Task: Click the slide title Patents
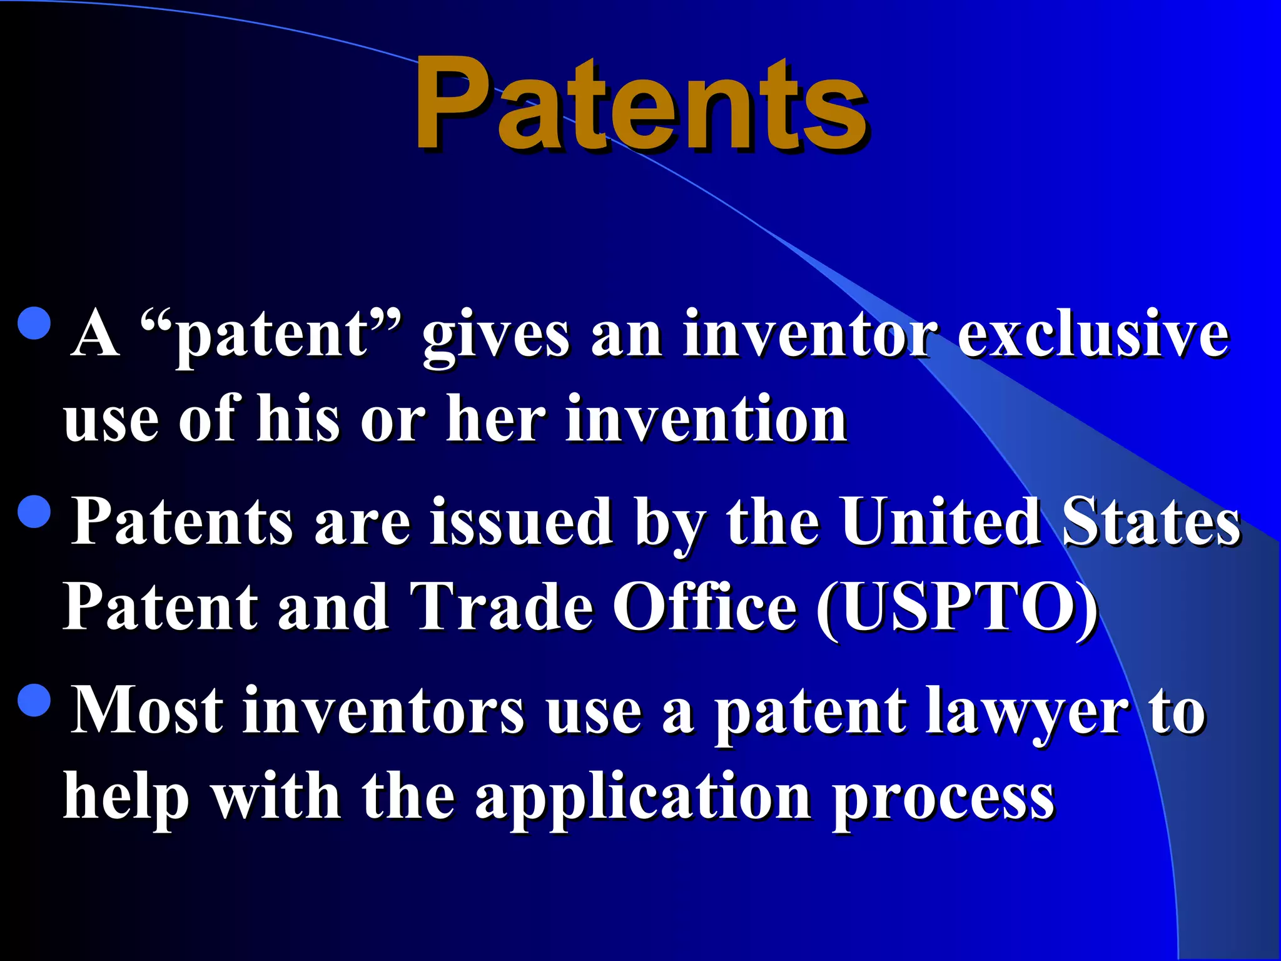point(640,103)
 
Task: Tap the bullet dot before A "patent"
point(34,323)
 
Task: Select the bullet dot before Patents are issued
point(34,512)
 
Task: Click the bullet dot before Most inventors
point(34,699)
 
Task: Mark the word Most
point(146,710)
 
